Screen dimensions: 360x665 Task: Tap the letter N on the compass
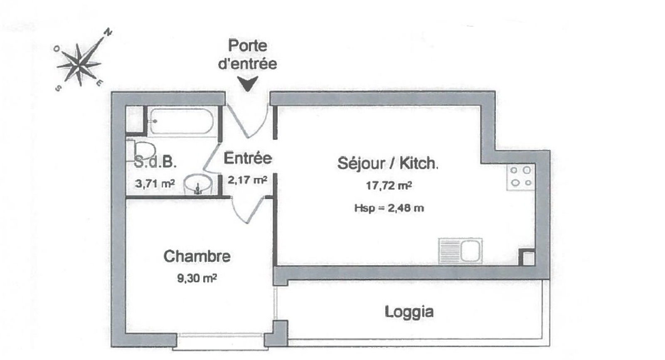[108, 32]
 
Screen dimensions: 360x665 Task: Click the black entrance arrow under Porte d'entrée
[248, 84]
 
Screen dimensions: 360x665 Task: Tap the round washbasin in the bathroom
[198, 185]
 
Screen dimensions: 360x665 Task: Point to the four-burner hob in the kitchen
[521, 177]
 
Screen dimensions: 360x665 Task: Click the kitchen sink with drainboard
[460, 251]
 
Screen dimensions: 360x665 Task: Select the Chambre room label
[197, 256]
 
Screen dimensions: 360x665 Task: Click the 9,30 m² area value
[197, 278]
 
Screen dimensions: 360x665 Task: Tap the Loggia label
[409, 312]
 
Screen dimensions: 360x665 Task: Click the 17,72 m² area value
[389, 186]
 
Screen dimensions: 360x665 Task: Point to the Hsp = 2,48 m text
[389, 208]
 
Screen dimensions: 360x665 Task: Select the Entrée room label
[248, 158]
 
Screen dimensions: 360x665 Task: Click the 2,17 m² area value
[247, 180]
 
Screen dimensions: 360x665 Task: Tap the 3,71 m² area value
[155, 183]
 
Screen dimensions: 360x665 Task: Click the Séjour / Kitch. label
[387, 163]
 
